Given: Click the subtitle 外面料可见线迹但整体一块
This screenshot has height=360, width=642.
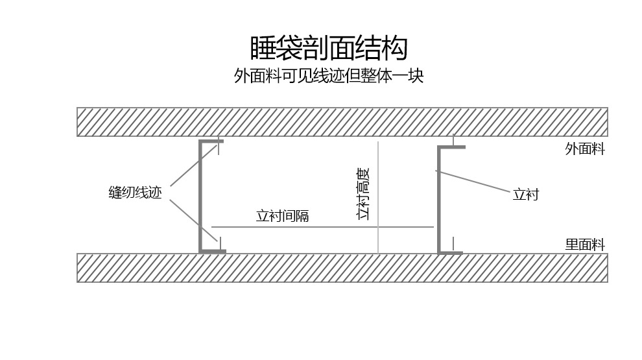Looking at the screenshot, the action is click(x=329, y=76).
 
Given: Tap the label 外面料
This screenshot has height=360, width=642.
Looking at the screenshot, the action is click(x=585, y=149).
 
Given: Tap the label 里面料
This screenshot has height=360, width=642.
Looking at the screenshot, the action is click(x=585, y=245).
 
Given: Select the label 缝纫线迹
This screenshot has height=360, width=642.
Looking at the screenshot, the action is click(x=135, y=193).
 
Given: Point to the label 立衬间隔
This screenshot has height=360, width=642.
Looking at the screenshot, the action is click(x=282, y=216).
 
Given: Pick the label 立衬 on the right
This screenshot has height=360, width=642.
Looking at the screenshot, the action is click(x=525, y=195).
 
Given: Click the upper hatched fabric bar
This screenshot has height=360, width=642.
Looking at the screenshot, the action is click(x=342, y=122).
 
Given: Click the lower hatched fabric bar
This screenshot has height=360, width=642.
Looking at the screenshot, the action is click(x=342, y=267).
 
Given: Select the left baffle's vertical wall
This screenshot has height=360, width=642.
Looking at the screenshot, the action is click(x=201, y=196).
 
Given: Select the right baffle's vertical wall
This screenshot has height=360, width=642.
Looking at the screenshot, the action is click(x=440, y=200).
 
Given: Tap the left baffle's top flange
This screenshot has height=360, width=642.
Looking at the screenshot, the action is click(x=211, y=141).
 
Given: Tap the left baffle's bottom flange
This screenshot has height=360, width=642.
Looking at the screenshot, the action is click(x=213, y=251).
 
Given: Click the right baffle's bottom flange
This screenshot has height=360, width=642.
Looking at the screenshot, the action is click(x=451, y=252).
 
